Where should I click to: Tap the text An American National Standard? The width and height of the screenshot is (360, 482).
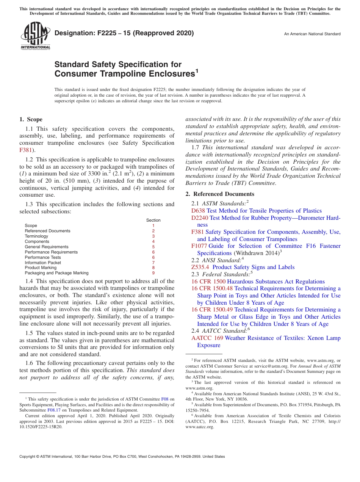pyautogui.click(x=312, y=34)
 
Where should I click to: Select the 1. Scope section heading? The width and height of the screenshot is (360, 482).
pyautogui.click(x=31, y=119)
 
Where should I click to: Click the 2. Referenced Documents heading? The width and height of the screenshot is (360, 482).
pyautogui.click(x=214, y=194)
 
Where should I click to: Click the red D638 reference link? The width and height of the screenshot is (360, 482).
pyautogui.click(x=198, y=211)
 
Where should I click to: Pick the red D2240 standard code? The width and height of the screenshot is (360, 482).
pyautogui.click(x=200, y=218)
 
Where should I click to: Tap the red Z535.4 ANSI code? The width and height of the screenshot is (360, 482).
pyautogui.click(x=200, y=267)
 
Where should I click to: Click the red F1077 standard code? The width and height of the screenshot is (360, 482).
pyautogui.click(x=199, y=246)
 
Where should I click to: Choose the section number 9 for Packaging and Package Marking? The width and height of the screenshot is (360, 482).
pyautogui.click(x=153, y=273)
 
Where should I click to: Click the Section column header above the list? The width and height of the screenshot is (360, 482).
pyautogui.click(x=153, y=220)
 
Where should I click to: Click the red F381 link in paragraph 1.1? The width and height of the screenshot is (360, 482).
pyautogui.click(x=25, y=150)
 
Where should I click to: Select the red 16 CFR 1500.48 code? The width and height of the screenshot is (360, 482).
pyautogui.click(x=212, y=288)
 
